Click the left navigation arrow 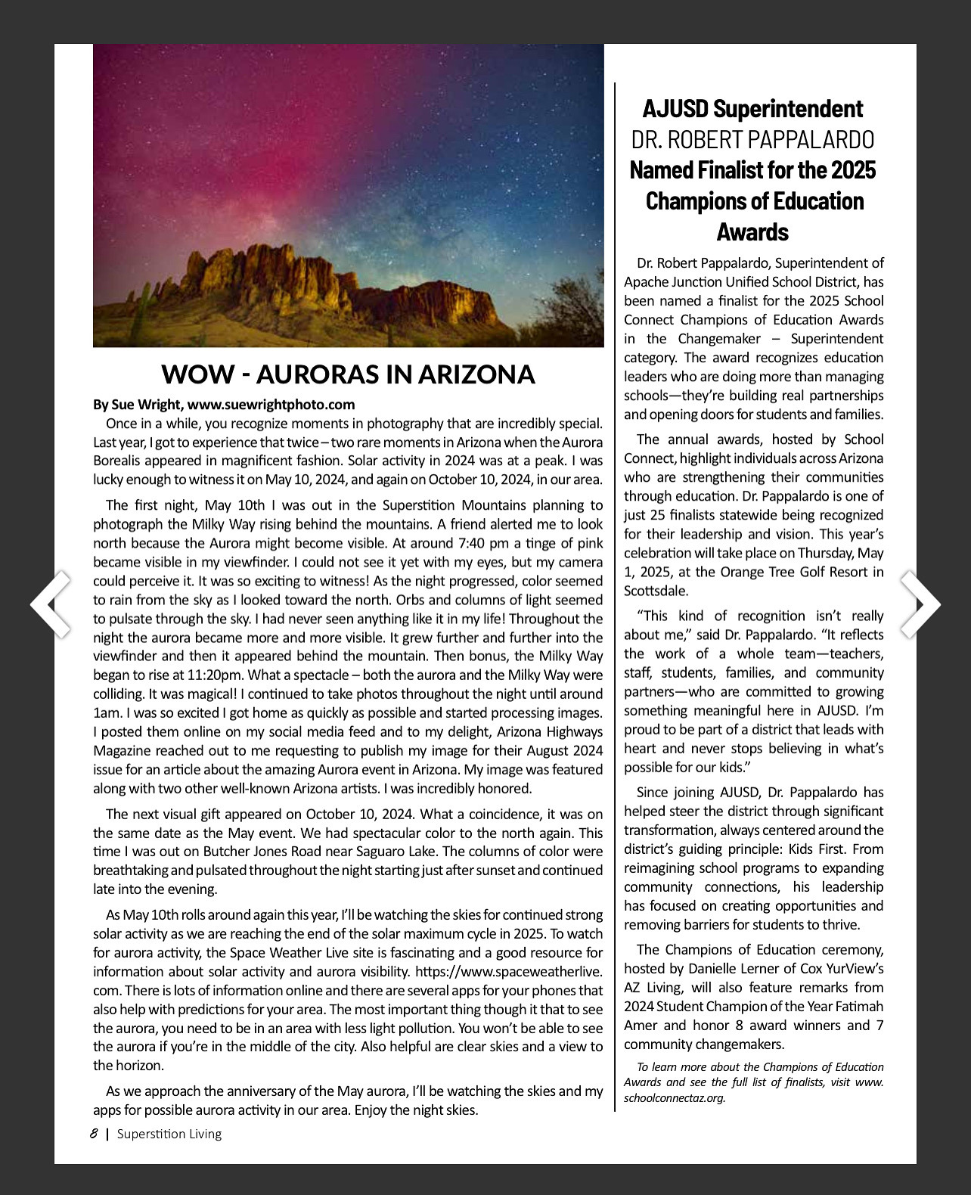[x=51, y=604]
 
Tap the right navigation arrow [x=920, y=604]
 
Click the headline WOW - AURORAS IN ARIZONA [x=348, y=374]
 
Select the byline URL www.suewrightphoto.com [x=271, y=405]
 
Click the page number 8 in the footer [x=94, y=1133]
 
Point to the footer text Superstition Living [x=169, y=1134]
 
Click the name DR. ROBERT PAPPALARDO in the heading [x=752, y=140]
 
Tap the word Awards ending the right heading [x=752, y=231]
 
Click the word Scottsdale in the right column [x=656, y=591]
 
